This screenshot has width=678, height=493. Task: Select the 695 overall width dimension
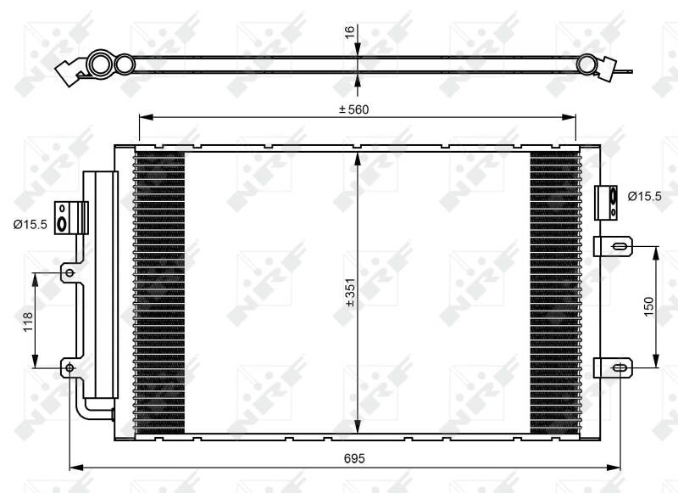(354, 458)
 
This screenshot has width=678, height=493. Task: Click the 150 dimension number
(648, 306)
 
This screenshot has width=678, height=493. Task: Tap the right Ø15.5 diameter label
(645, 196)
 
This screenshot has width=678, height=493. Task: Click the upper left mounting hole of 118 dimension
(69, 272)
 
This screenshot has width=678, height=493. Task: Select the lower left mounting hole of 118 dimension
(69, 367)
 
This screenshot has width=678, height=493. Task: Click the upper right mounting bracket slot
(620, 246)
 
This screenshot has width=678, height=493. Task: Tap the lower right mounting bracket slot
(620, 367)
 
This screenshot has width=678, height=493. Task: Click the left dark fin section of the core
(159, 293)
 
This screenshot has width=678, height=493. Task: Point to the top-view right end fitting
(606, 67)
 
